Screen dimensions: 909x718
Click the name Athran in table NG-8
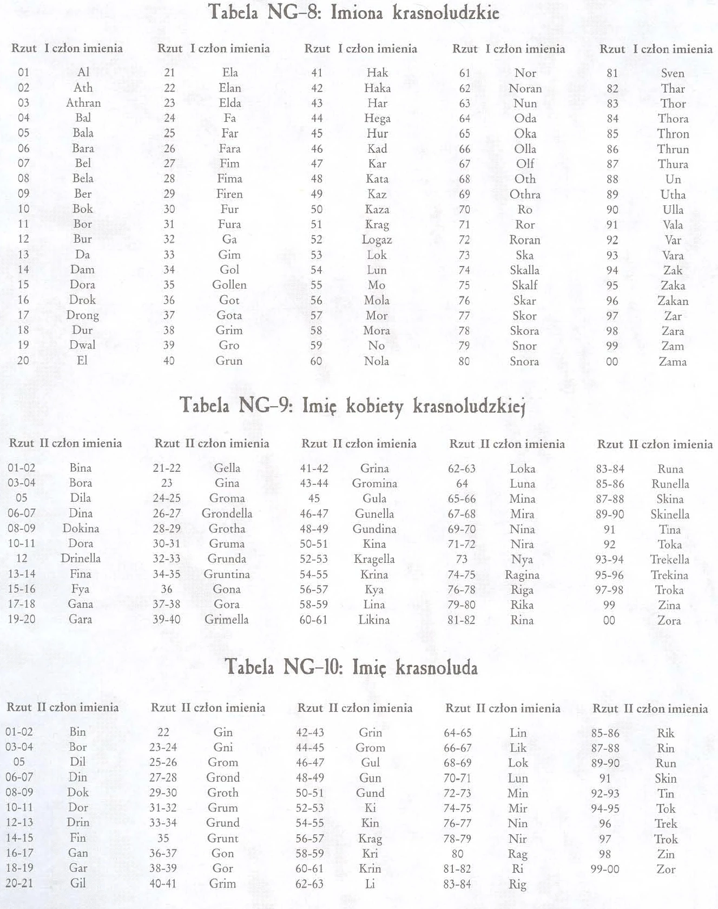coord(83,103)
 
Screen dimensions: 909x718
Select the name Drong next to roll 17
coord(83,315)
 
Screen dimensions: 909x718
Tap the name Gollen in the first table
coord(229,285)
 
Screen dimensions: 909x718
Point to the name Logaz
coord(377,239)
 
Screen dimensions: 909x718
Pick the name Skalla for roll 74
coord(524,270)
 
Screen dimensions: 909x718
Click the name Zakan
coord(673,301)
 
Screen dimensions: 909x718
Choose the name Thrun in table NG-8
coord(673,149)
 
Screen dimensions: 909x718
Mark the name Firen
coord(229,194)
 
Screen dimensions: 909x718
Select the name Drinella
coord(81,559)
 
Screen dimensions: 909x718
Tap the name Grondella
coord(227,513)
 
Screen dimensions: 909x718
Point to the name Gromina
coord(374,483)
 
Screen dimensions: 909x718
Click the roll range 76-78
coord(462,590)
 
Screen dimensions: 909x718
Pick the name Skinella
coord(670,514)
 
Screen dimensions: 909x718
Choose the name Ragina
coord(522,575)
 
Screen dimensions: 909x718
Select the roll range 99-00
coord(605,869)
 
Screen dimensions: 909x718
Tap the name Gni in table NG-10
coord(223,747)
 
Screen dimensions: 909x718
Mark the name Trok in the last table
coord(666,839)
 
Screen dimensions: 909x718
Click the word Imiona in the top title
coord(358,12)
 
